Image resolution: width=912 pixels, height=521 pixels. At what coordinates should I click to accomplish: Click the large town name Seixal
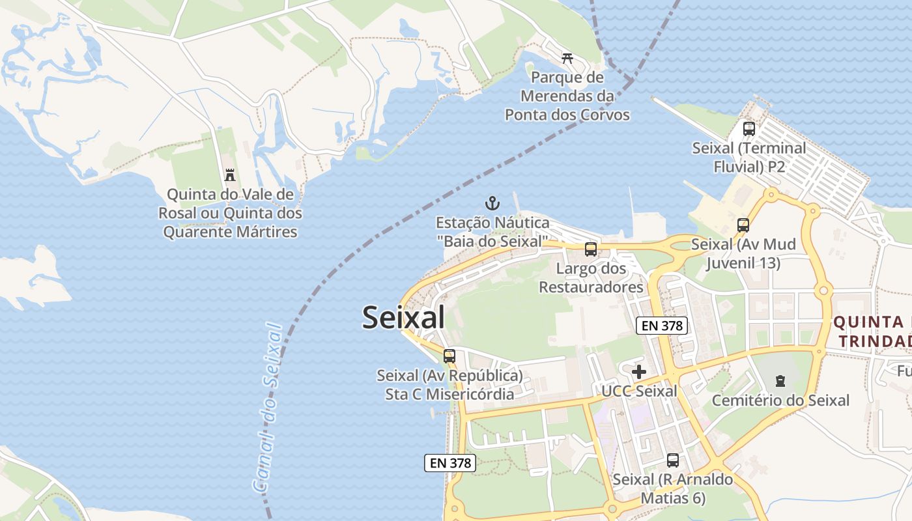click(x=403, y=318)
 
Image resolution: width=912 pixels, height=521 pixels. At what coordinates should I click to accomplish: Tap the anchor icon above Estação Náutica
click(x=492, y=203)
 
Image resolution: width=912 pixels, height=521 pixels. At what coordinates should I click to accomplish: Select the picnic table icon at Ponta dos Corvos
click(x=567, y=59)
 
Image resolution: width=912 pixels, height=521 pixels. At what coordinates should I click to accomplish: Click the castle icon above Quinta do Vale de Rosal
click(x=229, y=175)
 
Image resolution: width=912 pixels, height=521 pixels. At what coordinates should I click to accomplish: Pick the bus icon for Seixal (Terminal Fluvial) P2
click(x=748, y=129)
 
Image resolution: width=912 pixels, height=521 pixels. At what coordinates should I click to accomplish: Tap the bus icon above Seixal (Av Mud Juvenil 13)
click(x=743, y=225)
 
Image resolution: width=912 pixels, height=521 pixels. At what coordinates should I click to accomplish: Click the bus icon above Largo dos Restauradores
click(x=591, y=249)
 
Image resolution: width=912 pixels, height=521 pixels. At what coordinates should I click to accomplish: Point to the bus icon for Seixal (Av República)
click(x=449, y=356)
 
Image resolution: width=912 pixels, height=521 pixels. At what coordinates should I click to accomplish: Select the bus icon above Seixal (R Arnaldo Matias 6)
click(x=673, y=460)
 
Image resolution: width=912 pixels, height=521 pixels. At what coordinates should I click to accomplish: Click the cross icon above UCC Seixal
click(x=639, y=372)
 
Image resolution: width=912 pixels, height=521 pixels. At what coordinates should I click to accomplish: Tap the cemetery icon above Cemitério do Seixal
click(x=780, y=381)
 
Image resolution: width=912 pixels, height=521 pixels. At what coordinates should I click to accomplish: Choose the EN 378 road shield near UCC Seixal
click(x=662, y=326)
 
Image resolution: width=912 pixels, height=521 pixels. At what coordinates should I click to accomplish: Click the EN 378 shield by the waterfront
click(x=450, y=463)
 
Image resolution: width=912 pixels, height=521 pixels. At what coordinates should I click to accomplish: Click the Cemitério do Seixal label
click(x=780, y=400)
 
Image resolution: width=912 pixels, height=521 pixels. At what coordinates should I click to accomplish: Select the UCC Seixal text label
click(x=639, y=391)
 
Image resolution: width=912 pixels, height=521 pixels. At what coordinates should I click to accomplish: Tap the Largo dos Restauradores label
click(x=591, y=278)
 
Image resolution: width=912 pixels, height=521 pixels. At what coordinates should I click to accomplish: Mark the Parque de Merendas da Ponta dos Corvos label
click(x=567, y=96)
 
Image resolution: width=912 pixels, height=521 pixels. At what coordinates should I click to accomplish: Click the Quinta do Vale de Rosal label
click(x=230, y=213)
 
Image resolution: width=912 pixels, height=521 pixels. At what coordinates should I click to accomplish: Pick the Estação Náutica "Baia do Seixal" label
click(x=492, y=232)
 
